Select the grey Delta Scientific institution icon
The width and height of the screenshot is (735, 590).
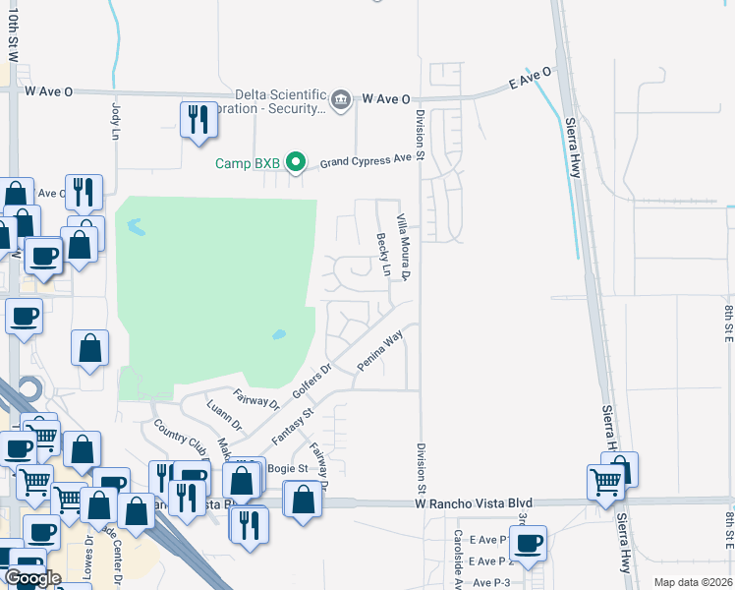tap(341, 99)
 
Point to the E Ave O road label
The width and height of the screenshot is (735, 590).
tap(531, 78)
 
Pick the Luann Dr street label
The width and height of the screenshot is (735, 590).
tap(224, 415)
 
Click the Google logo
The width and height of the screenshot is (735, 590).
tap(32, 578)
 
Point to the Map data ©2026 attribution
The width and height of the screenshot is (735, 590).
tap(692, 582)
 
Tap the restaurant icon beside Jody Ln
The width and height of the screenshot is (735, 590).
tap(199, 120)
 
